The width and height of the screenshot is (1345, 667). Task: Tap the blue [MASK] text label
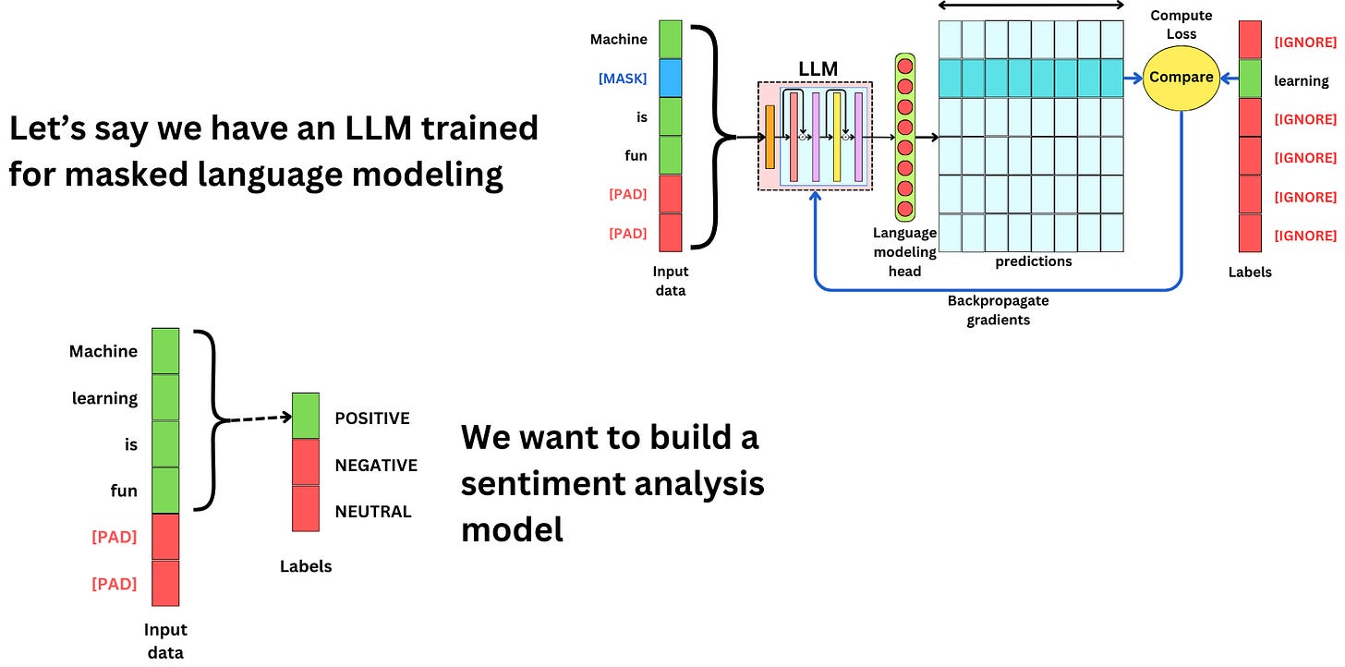623,79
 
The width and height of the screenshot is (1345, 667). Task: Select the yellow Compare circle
1181,78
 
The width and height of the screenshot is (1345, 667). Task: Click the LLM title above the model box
817,68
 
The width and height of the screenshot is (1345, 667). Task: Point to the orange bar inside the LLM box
770,137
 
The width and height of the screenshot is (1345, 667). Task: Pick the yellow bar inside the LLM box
837,137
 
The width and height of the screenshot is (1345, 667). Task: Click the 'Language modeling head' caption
904,251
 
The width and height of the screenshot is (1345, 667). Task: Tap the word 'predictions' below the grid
1033,261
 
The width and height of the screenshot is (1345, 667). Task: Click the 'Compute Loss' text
1181,25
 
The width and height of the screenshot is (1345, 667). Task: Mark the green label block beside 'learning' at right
1249,79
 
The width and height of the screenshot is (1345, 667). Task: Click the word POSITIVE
372,418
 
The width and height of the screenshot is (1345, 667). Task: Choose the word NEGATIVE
376,466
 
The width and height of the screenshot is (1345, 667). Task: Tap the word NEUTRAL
373,512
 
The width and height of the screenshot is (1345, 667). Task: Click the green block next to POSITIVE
306,416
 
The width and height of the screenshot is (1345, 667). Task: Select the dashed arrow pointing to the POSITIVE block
259,420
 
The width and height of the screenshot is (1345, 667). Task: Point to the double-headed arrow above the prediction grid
1030,6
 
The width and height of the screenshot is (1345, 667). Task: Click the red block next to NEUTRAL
306,509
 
